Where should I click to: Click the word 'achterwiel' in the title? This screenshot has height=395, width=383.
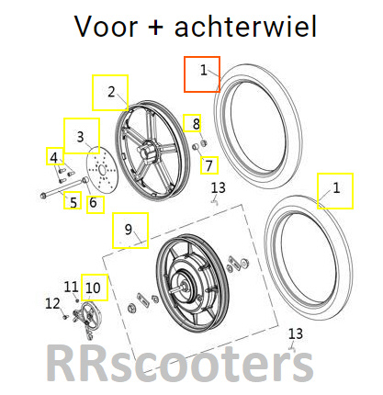245,26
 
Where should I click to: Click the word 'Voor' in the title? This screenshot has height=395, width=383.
106,27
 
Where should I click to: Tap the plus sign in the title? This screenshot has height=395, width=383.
156,28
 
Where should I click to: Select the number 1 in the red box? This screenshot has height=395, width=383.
204,70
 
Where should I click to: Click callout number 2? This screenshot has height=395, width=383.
111,92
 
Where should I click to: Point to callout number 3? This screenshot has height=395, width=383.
80,137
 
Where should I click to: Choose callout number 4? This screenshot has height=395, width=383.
54,158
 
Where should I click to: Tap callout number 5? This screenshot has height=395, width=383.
73,202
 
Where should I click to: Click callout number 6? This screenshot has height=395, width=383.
93,202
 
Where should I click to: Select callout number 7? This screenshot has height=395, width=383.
209,165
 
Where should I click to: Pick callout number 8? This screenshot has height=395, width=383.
196,124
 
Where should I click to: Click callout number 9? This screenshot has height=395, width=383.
129,229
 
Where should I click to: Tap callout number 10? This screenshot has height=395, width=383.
93,288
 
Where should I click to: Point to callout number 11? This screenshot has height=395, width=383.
71,287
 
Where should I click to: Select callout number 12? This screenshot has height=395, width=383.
52,303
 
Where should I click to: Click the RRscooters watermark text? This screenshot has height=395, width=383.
180,364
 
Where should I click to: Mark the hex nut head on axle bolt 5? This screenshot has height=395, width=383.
43,194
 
